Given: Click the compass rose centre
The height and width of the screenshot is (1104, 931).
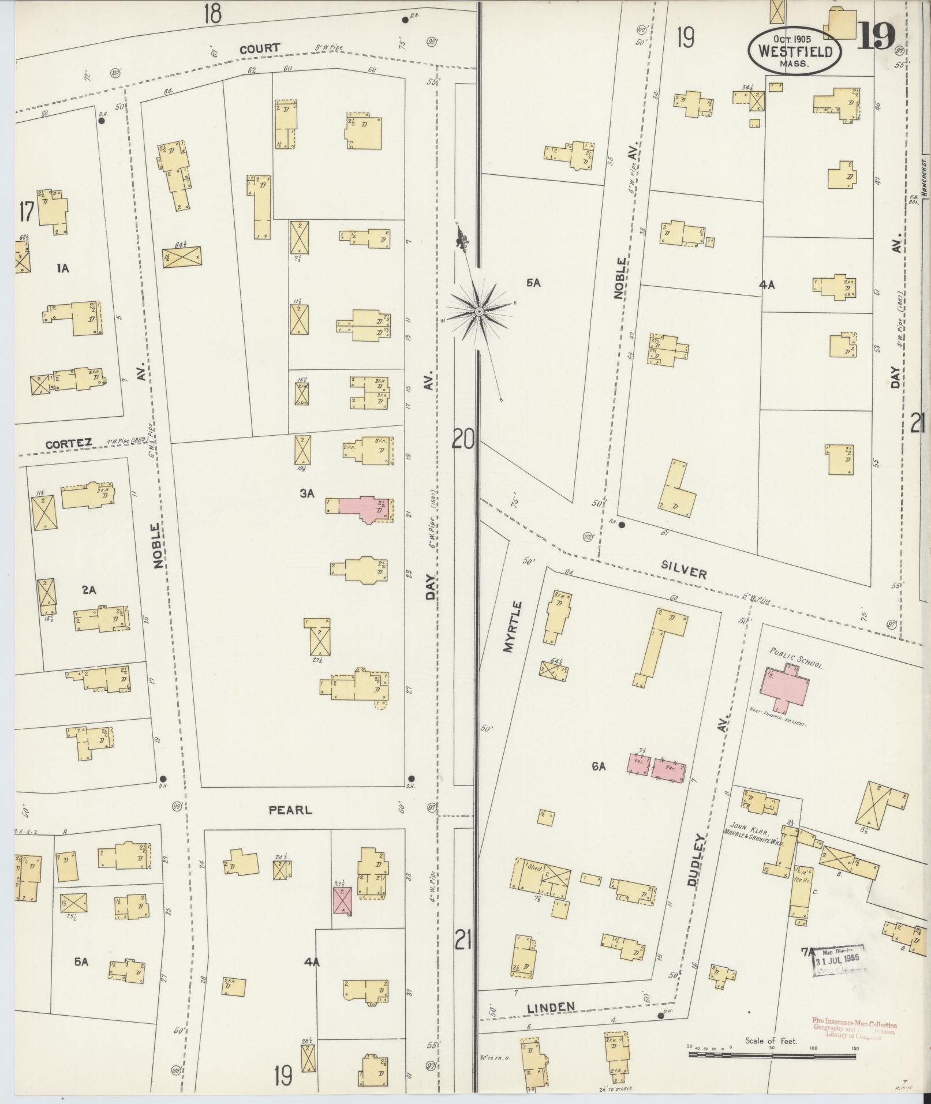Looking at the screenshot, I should click(x=478, y=312).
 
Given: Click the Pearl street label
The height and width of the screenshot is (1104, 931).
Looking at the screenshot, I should click(x=290, y=810).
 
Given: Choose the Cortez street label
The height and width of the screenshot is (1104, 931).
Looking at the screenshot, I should click(x=69, y=443).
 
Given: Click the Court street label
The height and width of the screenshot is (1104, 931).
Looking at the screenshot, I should click(x=260, y=48).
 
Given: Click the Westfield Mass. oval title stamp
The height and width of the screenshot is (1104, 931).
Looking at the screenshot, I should click(x=795, y=51).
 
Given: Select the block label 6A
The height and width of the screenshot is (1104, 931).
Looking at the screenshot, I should click(x=598, y=766).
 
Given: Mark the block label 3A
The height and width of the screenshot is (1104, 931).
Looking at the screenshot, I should click(x=306, y=493).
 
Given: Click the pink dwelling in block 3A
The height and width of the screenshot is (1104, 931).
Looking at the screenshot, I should click(x=361, y=508).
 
